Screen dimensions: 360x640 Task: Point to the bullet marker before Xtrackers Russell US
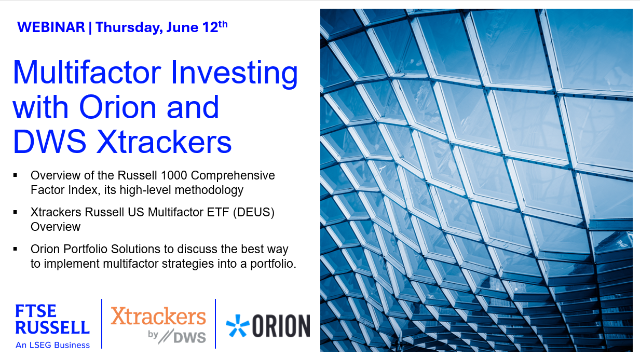(x=17, y=211)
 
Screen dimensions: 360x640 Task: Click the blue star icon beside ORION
(x=237, y=326)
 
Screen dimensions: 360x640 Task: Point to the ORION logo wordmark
(x=279, y=326)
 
